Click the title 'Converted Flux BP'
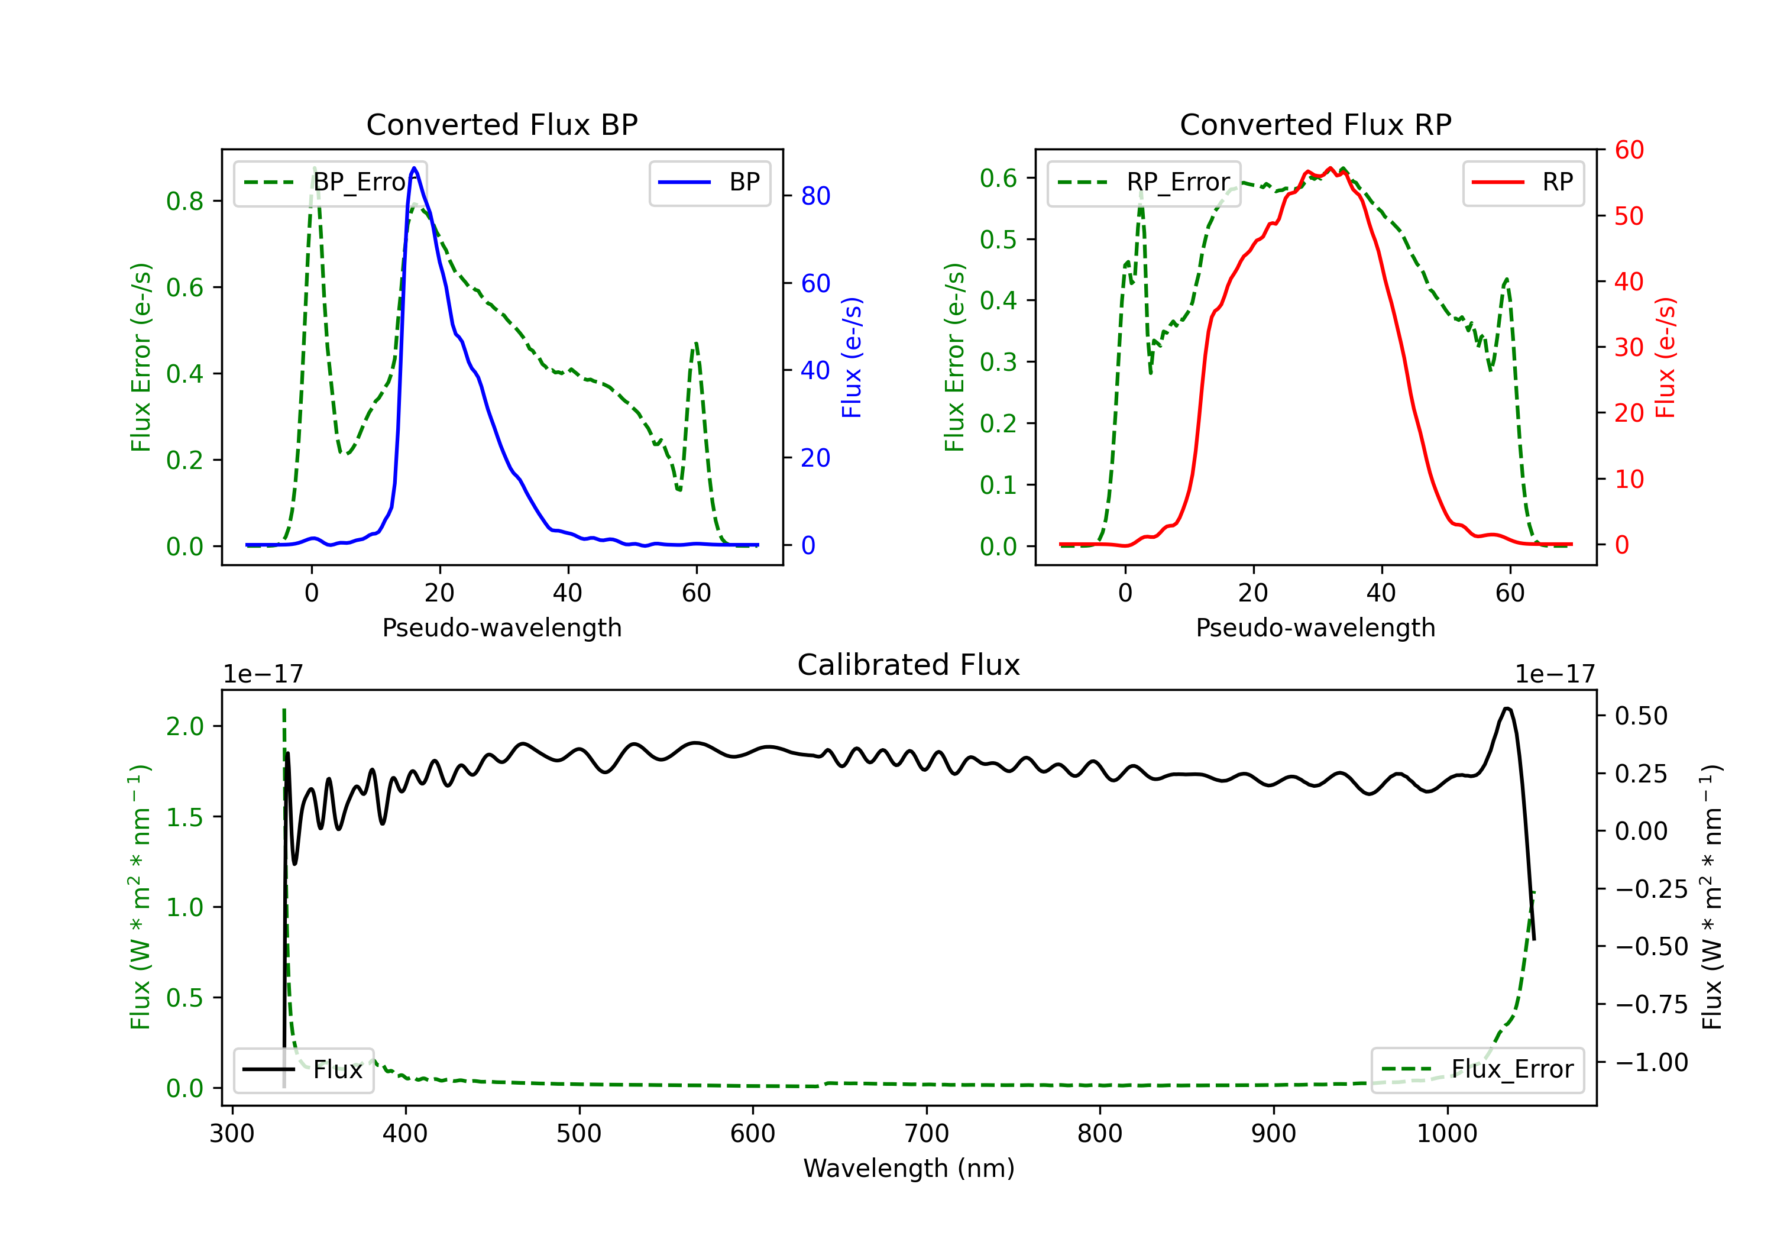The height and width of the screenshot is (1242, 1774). tap(502, 124)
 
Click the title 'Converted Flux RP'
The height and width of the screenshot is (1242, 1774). tap(1316, 124)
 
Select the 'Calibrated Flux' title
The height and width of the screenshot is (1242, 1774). tap(909, 665)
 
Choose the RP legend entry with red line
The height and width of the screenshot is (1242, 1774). tap(1523, 182)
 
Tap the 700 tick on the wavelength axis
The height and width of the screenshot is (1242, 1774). tap(927, 1133)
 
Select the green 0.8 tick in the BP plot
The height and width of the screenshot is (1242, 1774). tap(184, 201)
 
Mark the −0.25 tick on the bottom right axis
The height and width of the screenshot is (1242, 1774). tap(1651, 889)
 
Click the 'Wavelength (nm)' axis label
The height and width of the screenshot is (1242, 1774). tap(909, 1168)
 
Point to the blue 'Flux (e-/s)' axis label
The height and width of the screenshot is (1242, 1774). tap(852, 358)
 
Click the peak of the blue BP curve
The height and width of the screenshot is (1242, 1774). tap(414, 168)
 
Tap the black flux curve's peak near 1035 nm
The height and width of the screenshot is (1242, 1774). tap(1507, 708)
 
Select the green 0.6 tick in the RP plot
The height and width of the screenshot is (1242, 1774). tap(998, 178)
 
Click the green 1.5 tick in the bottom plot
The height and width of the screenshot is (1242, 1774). tap(184, 817)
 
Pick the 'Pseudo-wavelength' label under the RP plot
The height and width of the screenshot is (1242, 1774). tap(1316, 628)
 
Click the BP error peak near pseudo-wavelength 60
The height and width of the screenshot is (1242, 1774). tap(696, 343)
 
